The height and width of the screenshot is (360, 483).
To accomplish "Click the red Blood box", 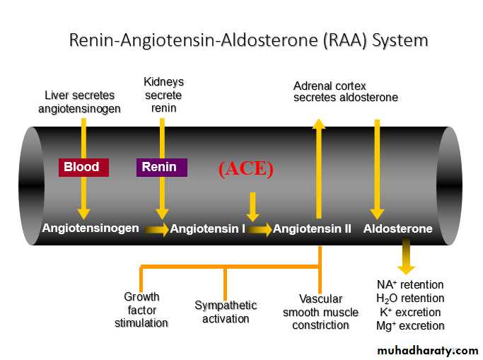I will [83, 167].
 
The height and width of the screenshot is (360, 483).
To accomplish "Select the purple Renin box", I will [161, 167].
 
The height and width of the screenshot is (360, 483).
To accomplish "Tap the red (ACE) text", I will [245, 168].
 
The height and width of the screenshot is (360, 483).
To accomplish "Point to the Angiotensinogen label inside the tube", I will [91, 228].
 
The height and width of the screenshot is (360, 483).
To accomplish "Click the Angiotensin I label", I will [208, 228].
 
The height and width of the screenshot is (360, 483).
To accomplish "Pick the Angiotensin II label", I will [312, 228].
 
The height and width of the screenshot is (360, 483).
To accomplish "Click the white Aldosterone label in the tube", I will [397, 228].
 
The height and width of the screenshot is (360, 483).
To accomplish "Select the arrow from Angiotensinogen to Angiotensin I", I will [158, 229].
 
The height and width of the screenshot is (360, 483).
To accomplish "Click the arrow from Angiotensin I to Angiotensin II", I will [260, 229].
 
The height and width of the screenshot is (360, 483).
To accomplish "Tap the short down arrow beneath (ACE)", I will [251, 207].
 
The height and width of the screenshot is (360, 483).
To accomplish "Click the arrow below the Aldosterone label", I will [405, 257].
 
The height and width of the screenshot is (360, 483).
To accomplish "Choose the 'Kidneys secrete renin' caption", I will [163, 95].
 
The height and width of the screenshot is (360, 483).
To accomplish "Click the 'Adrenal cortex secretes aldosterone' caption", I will [345, 91].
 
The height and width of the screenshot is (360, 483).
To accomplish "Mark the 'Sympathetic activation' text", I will [226, 312].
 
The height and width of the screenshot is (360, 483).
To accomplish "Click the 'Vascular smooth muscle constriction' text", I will [320, 312].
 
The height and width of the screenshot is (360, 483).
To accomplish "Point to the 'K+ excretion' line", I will [409, 312].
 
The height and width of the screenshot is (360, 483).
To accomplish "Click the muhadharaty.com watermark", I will [427, 350].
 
